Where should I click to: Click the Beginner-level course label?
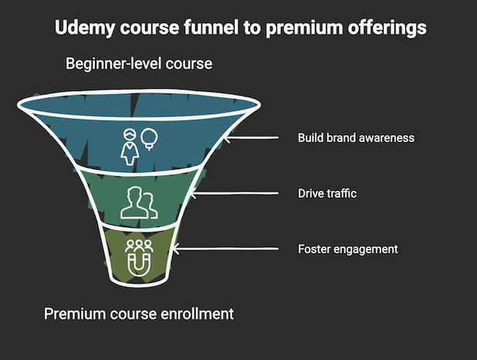pyautogui.click(x=138, y=63)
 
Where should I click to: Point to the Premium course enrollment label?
pyautogui.click(x=139, y=314)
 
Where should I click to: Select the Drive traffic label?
pyautogui.click(x=327, y=194)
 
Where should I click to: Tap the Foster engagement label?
pyautogui.click(x=347, y=250)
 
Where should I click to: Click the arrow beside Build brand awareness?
pyautogui.click(x=252, y=138)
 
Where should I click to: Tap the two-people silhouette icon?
pyautogui.click(x=139, y=202)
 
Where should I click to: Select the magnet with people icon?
pyautogui.click(x=139, y=256)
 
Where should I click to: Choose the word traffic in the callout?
pyautogui.click(x=340, y=194)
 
